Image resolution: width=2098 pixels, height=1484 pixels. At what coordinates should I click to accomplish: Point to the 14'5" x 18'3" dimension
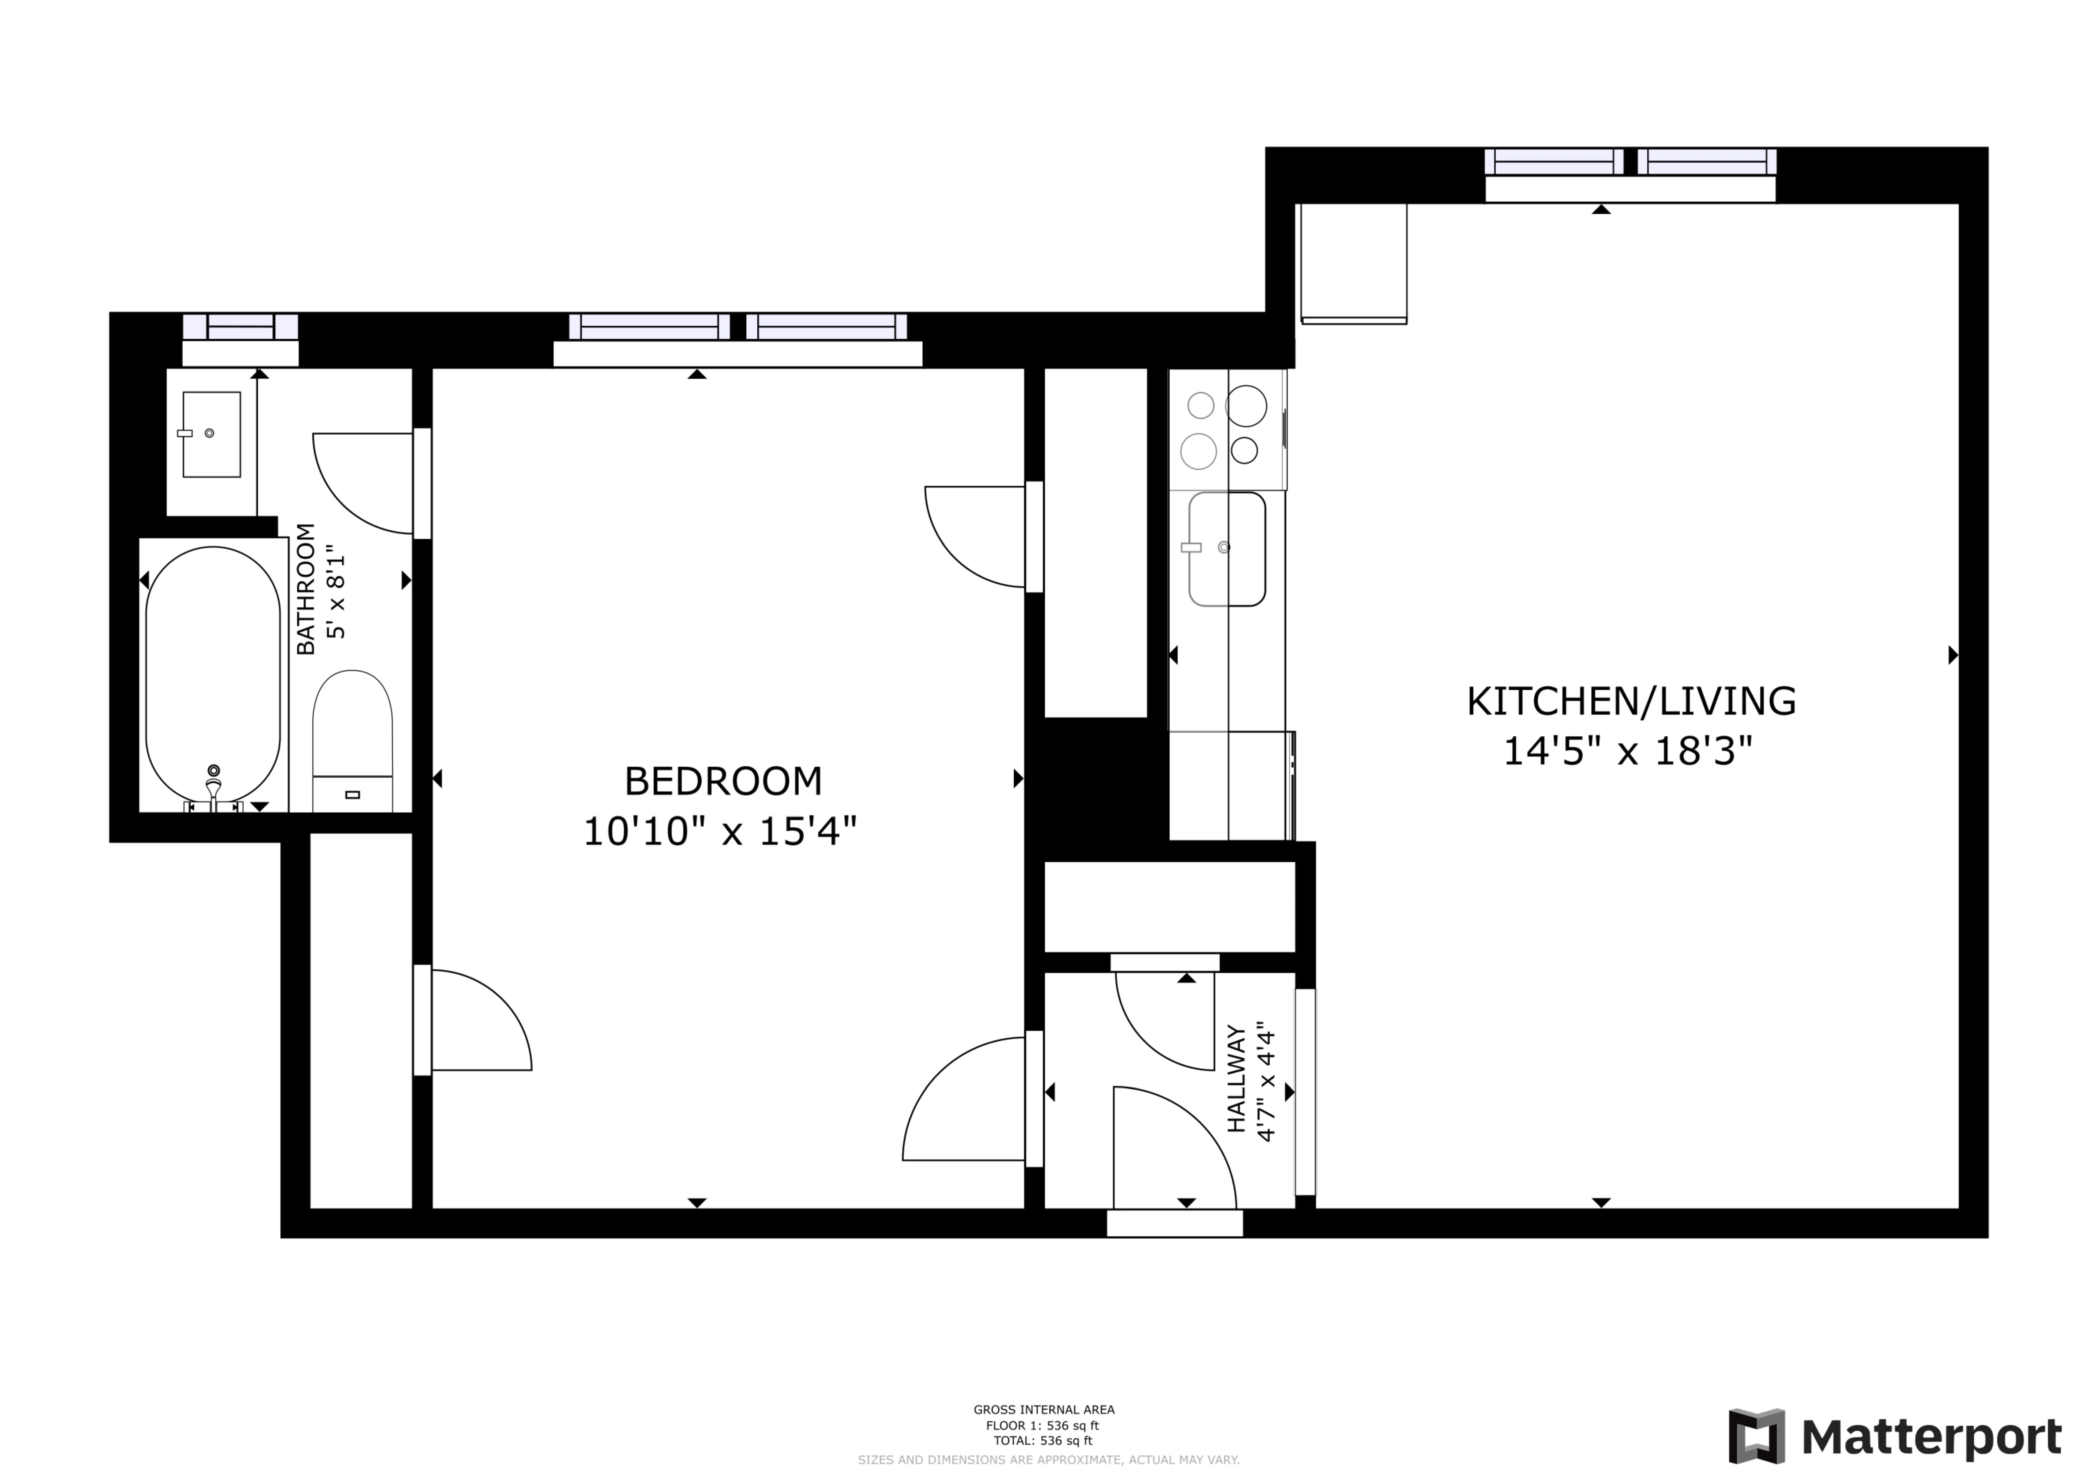click(x=1628, y=752)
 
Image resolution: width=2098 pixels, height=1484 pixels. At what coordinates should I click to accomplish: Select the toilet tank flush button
click(x=353, y=795)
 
